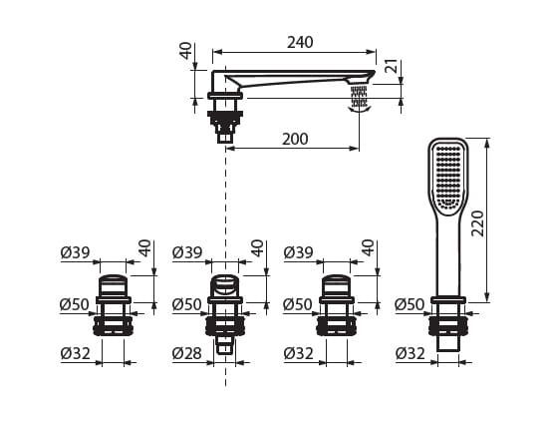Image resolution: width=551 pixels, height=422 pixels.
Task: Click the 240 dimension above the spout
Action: pyautogui.click(x=300, y=42)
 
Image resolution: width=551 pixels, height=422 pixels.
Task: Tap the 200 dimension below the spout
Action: pyautogui.click(x=295, y=139)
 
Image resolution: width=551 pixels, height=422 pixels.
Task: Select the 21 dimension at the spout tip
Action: pyautogui.click(x=393, y=66)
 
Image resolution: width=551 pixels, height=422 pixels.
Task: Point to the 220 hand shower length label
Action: pyautogui.click(x=477, y=223)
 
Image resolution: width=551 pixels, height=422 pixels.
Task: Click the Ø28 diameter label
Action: pyautogui.click(x=187, y=353)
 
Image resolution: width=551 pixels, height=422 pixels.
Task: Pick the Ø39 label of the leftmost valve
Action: pyautogui.click(x=75, y=252)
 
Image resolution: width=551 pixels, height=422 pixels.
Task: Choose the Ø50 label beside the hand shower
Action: pyautogui.click(x=410, y=304)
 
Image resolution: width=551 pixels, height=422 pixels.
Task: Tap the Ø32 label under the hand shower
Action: pyautogui.click(x=411, y=353)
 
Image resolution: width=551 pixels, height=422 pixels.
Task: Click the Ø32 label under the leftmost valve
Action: pyautogui.click(x=75, y=353)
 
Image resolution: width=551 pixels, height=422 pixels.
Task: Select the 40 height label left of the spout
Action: pyautogui.click(x=186, y=50)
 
